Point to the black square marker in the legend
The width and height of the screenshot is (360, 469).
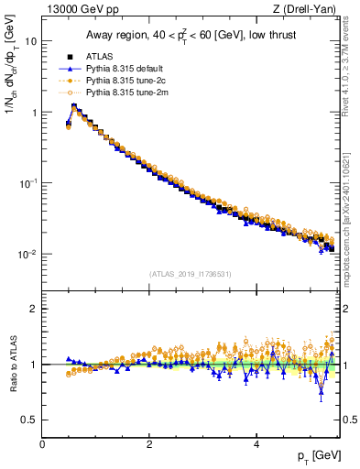(x=70, y=57)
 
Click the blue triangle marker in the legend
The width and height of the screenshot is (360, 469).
(x=70, y=69)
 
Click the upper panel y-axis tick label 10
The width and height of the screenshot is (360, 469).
(x=31, y=42)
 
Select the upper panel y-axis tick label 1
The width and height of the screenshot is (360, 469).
(x=34, y=113)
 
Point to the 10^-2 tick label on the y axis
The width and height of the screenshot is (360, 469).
(x=27, y=254)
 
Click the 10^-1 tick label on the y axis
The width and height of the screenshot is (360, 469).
(x=27, y=183)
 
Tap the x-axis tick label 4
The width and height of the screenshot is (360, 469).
(x=256, y=444)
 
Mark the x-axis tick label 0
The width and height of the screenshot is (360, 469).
(x=42, y=444)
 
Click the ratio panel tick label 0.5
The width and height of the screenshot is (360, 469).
(x=29, y=420)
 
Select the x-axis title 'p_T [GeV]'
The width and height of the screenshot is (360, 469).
(x=315, y=456)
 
